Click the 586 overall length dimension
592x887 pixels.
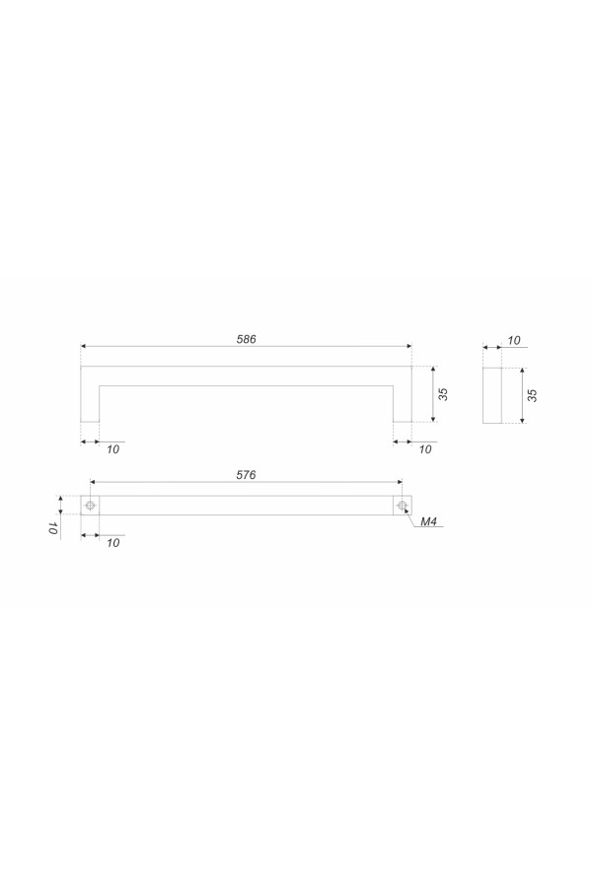[x=246, y=339]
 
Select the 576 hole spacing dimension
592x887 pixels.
[x=246, y=475]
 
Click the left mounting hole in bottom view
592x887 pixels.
[x=90, y=506]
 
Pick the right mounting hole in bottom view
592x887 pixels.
[x=403, y=506]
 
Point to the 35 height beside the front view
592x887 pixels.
[x=444, y=394]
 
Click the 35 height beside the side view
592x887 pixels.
[x=532, y=395]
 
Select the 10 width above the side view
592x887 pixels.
[x=513, y=341]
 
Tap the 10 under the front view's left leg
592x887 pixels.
[x=112, y=449]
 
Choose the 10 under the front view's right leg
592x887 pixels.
[x=425, y=449]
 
